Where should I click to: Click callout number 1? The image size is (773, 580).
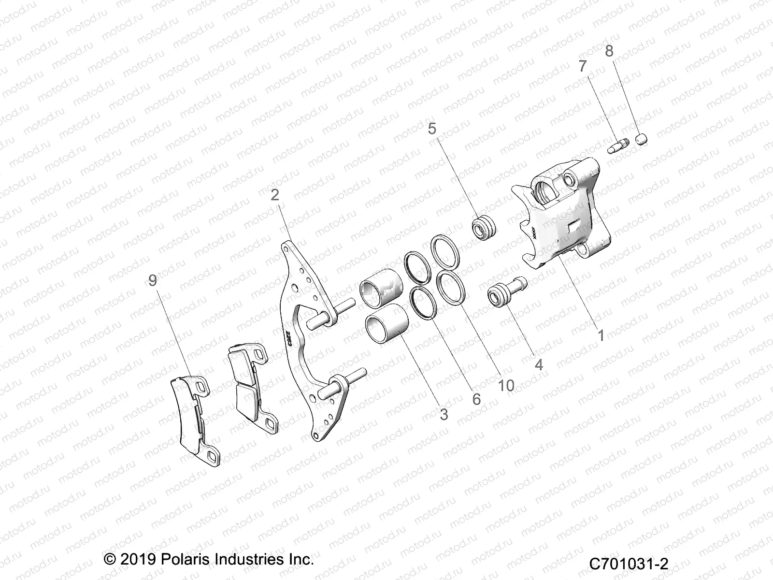click(x=601, y=334)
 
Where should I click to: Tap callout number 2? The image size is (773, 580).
click(x=275, y=195)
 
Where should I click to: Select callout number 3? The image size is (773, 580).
click(x=444, y=414)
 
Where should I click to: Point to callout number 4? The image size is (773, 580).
click(x=538, y=364)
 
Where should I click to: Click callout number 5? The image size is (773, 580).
click(x=432, y=129)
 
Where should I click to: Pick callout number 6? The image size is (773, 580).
click(x=476, y=399)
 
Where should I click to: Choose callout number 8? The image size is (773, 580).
click(x=609, y=51)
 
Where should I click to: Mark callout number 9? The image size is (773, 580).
click(x=153, y=280)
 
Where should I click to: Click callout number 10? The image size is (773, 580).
click(x=506, y=385)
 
